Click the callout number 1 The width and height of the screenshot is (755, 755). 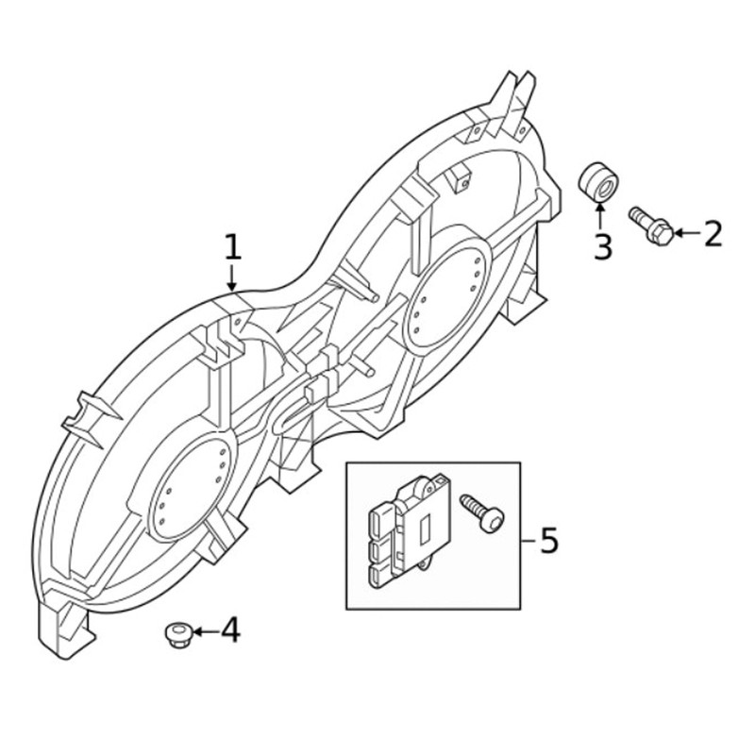coord(233,247)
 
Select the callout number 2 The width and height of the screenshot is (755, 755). coord(713,233)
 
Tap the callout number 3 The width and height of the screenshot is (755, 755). coord(602,246)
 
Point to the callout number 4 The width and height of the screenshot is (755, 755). coord(230,630)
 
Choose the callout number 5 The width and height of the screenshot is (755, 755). coord(549,540)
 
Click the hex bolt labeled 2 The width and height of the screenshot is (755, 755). coord(651,226)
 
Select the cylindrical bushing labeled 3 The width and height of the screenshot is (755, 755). coord(598,182)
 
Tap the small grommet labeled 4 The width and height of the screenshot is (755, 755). coord(178,635)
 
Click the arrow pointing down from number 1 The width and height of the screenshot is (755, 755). coord(232,277)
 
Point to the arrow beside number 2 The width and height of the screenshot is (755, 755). coord(688,233)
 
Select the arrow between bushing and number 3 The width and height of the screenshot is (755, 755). coord(600,217)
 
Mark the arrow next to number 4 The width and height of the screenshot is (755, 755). coord(206,630)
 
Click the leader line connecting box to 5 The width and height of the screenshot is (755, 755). coord(528,541)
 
